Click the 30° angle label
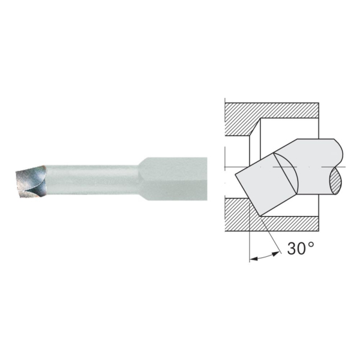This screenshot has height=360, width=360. pos(298,249)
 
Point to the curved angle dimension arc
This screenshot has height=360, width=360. pos(265,257)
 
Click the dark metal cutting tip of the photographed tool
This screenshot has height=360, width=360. pos(28,179)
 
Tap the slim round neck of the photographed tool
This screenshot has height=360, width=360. pos(90,179)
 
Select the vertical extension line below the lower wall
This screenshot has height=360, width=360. pos(249,240)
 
